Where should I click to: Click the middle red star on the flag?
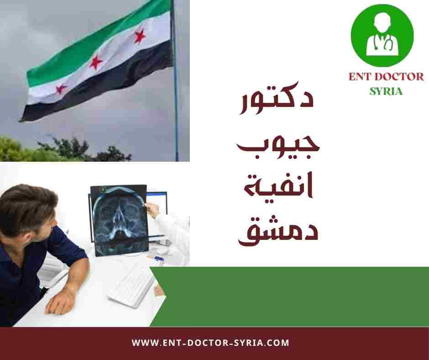(96, 62)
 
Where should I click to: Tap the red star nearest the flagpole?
(140, 35)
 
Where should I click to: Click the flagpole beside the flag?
(175, 91)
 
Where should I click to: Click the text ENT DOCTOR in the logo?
(386, 76)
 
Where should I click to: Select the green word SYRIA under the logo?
(386, 90)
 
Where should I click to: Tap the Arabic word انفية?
(278, 187)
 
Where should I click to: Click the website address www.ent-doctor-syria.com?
(211, 343)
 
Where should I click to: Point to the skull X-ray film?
(119, 219)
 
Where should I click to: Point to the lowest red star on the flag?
(61, 88)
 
